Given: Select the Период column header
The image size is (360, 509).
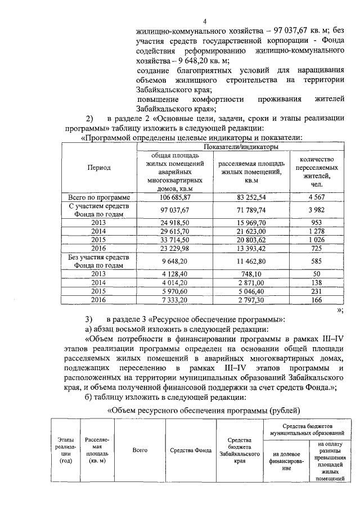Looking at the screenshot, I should (x=98, y=168).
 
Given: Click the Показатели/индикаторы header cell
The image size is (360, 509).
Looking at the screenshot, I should (x=241, y=147).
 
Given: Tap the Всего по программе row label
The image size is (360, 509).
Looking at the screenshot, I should (x=98, y=198).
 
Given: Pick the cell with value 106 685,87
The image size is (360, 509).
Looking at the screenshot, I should (x=175, y=198).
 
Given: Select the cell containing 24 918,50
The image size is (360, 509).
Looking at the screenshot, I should (x=175, y=222).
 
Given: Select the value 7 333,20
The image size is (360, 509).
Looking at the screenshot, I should (x=175, y=301).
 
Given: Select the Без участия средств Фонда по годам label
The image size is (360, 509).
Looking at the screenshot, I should (x=98, y=262).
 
